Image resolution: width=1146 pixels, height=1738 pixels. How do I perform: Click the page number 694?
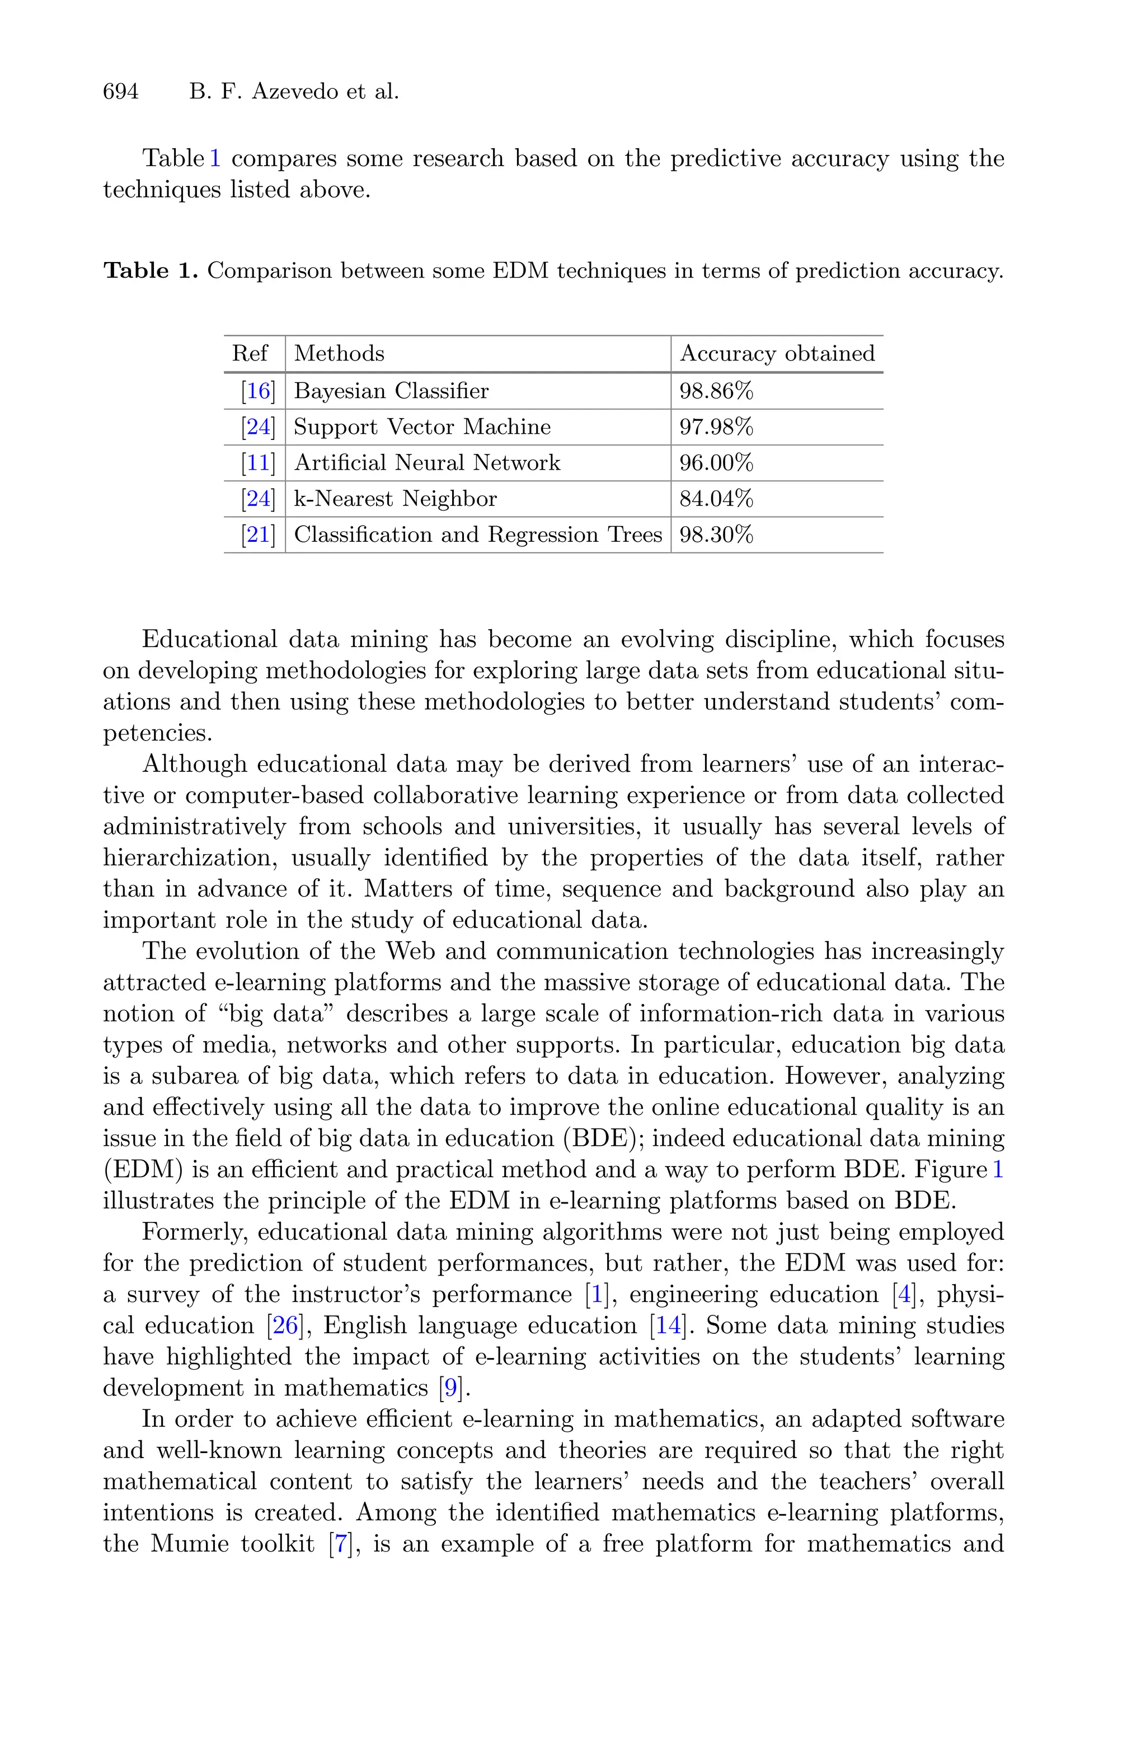point(121,92)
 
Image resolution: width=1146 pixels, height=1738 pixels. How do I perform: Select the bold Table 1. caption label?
point(151,271)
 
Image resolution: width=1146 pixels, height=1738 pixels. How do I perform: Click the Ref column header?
point(250,354)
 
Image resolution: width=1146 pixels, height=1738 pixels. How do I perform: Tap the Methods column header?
point(339,354)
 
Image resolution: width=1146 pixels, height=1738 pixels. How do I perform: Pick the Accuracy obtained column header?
point(777,354)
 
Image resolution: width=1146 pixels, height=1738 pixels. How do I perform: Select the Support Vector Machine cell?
point(422,427)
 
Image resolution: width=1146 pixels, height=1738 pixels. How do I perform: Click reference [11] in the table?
point(258,463)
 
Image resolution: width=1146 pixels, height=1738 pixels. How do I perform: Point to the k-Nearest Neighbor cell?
point(396,499)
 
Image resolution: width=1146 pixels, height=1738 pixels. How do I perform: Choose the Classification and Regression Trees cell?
point(478,535)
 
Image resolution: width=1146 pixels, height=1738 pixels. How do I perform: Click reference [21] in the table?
point(258,535)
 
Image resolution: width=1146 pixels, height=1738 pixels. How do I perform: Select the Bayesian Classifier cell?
point(391,391)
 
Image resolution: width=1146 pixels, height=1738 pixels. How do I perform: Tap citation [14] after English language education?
point(668,1325)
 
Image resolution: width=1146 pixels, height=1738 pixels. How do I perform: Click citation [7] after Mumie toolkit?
point(341,1544)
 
